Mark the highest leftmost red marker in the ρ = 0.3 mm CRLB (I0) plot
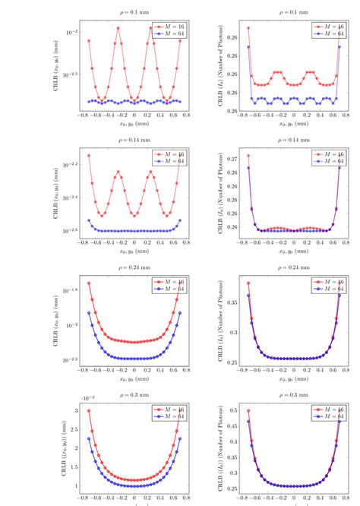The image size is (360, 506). coord(248,411)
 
